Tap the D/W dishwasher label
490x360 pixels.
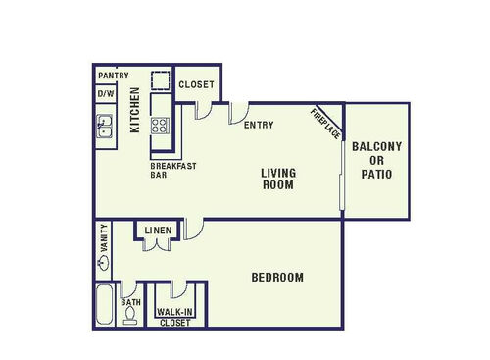(104, 94)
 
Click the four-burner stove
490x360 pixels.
(161, 125)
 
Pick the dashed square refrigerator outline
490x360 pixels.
(161, 80)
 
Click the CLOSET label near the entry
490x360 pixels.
(196, 84)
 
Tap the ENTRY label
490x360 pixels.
(259, 125)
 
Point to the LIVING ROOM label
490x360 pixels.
(278, 179)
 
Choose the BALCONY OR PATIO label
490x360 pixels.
(377, 160)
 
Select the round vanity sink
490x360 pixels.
(104, 262)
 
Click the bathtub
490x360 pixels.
(105, 305)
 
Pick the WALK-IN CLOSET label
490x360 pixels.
(174, 317)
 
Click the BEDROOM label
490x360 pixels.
(277, 278)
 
